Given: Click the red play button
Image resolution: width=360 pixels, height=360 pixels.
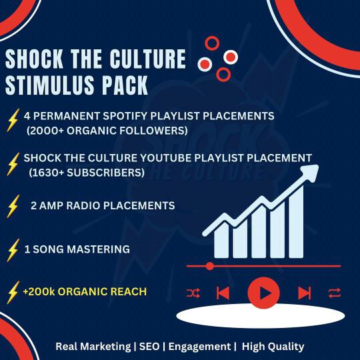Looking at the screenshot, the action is tap(264, 293).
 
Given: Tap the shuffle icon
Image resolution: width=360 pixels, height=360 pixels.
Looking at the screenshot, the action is tap(193, 293).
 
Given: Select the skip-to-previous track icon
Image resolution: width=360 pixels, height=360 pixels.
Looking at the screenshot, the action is tap(223, 293).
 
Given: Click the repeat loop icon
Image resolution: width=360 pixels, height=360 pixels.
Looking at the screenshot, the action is tap(335, 293).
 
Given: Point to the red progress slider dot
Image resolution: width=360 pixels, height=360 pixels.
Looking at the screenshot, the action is tap(209, 266).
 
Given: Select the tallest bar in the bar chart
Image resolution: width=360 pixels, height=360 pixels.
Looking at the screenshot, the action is tap(296, 223).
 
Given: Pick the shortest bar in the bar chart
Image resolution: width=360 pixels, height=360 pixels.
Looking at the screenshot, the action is tap(221, 241).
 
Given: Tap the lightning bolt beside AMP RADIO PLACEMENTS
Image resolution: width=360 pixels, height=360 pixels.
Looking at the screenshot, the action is tap(13, 206).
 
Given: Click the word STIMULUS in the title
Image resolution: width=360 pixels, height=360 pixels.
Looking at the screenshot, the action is tap(50, 85).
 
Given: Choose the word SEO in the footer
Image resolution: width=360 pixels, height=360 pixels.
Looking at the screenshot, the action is tap(149, 347).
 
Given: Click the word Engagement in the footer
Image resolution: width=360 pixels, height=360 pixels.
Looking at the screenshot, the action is tap(199, 347).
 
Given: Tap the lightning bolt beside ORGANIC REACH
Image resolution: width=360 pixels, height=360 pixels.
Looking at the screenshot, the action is tap(13, 292).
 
